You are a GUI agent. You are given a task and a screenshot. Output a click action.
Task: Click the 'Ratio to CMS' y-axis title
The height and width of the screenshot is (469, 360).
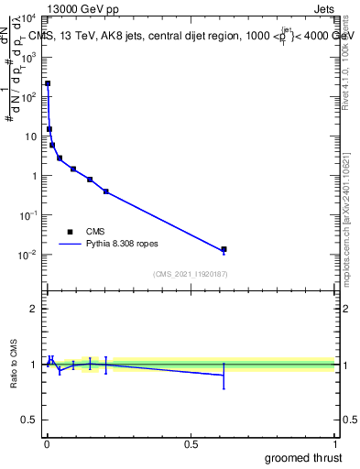(x=14, y=364)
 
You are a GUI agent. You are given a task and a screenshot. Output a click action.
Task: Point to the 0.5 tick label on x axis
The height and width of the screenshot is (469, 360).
(x=191, y=443)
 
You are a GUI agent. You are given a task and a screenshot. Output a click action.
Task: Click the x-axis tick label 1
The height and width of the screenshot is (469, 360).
(x=335, y=443)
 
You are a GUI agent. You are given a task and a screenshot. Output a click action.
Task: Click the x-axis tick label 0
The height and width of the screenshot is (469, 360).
(x=47, y=443)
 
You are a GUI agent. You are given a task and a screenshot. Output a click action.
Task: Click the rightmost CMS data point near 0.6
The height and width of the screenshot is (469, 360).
(x=224, y=249)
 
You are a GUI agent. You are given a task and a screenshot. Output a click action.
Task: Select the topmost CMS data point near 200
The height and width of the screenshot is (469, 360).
(x=48, y=83)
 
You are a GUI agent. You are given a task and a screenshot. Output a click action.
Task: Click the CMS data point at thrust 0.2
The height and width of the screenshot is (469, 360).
(x=106, y=191)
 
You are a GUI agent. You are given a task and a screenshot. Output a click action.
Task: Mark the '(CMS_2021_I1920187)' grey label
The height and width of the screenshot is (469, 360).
(x=190, y=274)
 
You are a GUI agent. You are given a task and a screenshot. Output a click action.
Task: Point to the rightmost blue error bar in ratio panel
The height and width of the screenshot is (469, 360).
(x=224, y=375)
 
